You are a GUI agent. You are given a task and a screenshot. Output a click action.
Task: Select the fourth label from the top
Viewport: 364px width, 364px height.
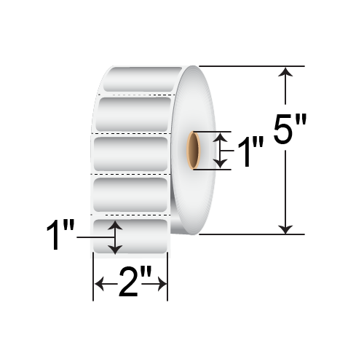[x=131, y=194]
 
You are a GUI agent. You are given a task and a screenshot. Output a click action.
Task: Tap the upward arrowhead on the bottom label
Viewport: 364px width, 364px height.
[x=115, y=228]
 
